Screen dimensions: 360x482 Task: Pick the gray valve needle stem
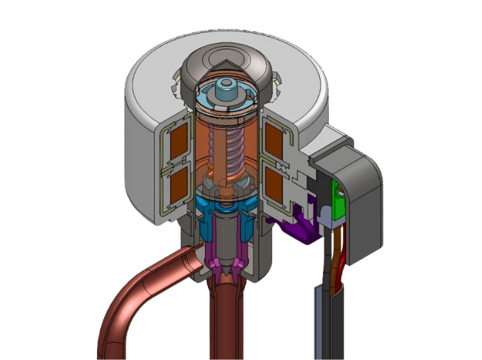tap(227, 238)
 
